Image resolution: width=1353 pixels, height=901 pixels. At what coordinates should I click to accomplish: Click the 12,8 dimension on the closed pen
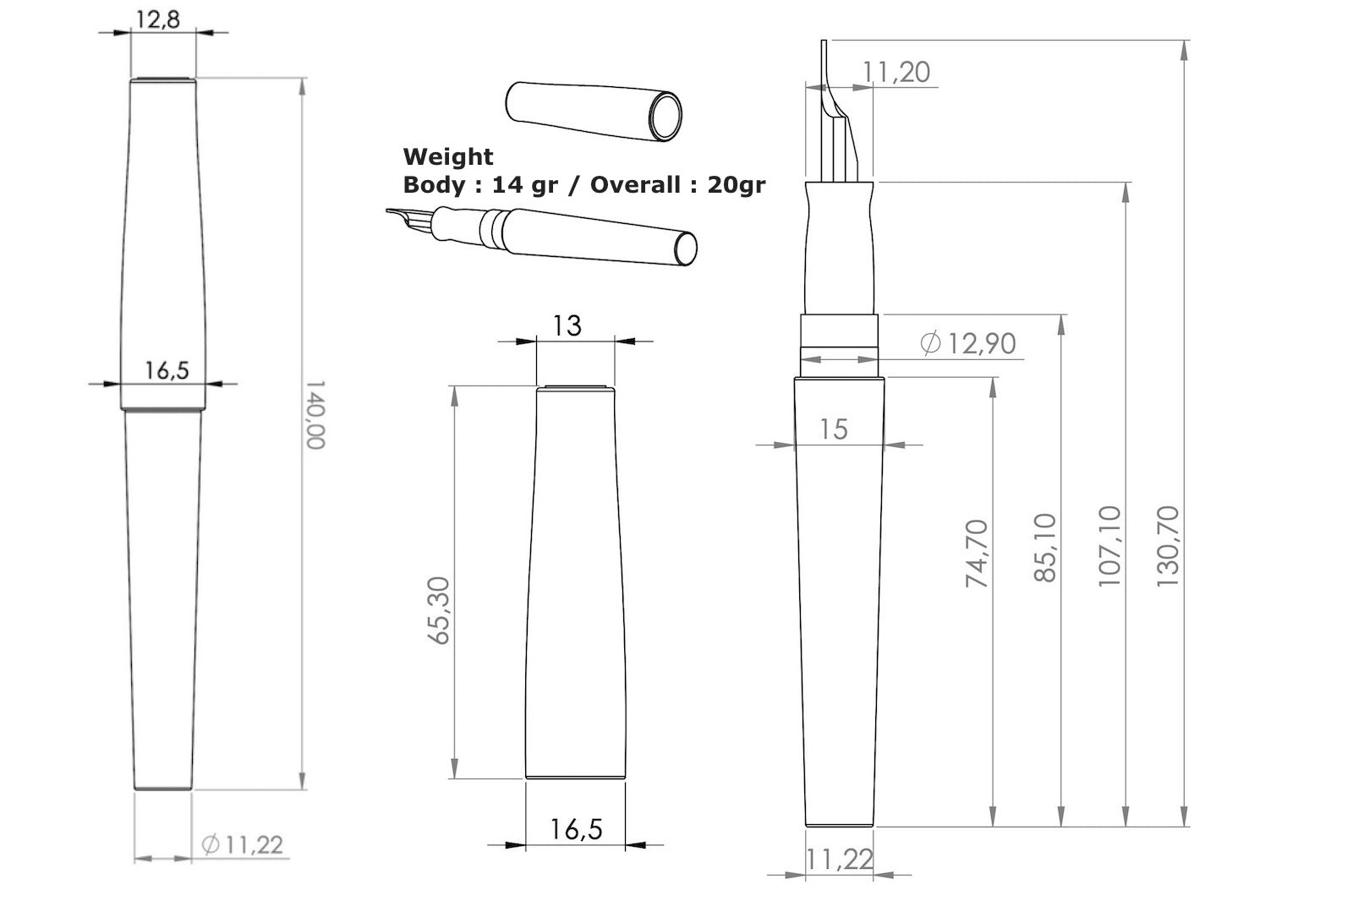158,19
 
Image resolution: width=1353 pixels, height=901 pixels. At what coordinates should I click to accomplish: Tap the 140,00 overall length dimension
315,414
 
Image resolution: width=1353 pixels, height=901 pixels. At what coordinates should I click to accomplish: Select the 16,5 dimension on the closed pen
167,370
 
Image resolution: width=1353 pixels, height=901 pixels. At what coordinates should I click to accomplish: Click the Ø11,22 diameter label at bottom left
243,844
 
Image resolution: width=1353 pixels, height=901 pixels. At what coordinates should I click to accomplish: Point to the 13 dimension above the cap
567,325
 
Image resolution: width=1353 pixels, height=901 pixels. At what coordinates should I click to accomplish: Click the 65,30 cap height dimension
440,610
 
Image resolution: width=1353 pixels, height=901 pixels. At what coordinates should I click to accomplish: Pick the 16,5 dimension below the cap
576,828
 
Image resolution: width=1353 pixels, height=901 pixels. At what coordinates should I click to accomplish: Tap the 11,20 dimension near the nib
896,73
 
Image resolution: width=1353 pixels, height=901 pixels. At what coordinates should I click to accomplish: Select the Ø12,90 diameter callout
968,343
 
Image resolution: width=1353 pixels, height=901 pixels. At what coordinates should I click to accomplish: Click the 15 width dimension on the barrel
833,429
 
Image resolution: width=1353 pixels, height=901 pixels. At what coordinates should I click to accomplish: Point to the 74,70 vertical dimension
977,554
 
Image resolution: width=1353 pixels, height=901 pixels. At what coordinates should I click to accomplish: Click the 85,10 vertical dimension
1045,548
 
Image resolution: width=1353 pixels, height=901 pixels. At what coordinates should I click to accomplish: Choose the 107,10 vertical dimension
1109,546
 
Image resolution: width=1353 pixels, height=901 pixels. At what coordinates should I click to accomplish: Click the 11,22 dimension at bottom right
839,860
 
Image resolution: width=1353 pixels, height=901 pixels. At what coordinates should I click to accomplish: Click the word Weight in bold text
448,156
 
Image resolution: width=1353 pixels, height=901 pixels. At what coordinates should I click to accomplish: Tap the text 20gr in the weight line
736,184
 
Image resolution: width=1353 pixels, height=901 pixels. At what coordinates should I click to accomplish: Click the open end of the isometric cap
666,116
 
